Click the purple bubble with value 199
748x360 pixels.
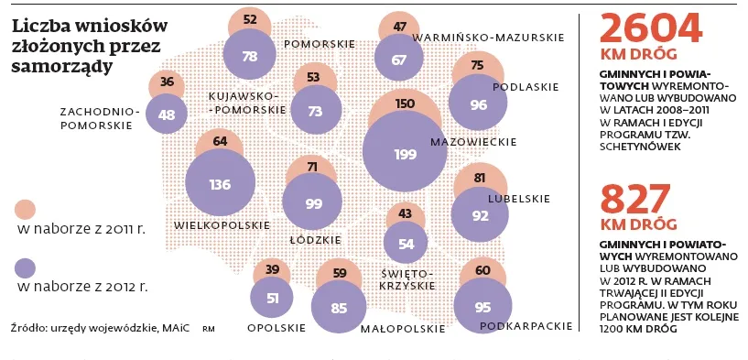(x=405, y=154)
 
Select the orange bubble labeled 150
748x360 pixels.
(x=405, y=104)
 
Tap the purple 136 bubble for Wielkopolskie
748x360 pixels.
(x=220, y=184)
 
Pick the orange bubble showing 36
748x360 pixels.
(x=167, y=82)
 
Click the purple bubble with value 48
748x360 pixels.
(x=167, y=115)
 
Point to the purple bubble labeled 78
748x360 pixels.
(x=250, y=56)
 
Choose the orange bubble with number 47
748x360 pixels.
(x=400, y=27)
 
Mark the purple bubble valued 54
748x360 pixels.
(x=406, y=243)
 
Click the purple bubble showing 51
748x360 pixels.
(x=272, y=298)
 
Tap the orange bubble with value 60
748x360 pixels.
(x=482, y=271)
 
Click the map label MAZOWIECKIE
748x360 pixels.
(x=473, y=142)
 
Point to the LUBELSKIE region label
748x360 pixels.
(x=519, y=198)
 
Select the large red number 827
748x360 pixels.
(x=636, y=199)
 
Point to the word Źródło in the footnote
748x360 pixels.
(x=28, y=326)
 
